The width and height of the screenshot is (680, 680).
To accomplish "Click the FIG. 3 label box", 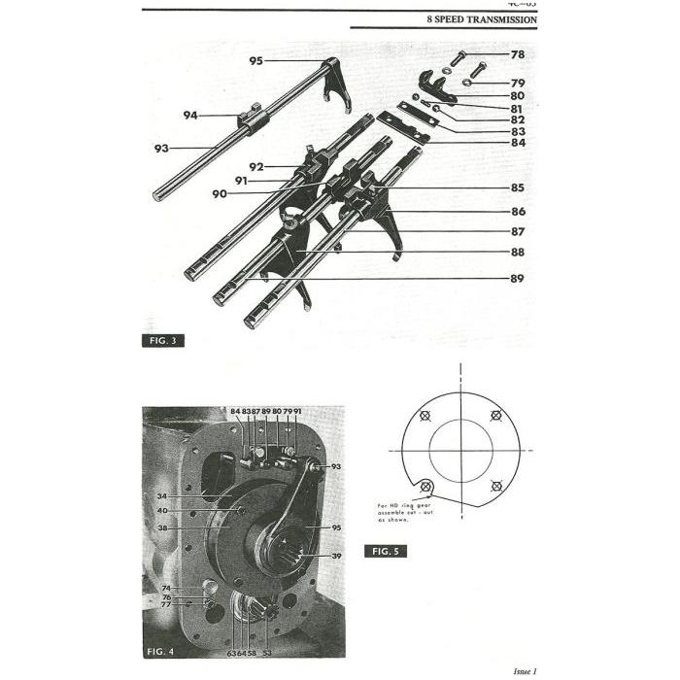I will pos(163,340).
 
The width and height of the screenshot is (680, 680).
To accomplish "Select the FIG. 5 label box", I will pos(386,551).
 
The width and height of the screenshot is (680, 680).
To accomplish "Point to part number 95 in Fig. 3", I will pos(255,61).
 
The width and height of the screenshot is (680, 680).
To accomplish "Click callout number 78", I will pos(517,54).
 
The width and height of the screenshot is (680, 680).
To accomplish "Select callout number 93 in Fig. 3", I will pos(161,149).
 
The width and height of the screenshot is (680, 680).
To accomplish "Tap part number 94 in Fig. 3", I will pos(190,116).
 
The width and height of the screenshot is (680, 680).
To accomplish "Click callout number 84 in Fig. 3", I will pos(517,144).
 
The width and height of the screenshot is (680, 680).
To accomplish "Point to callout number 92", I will pos(256,166).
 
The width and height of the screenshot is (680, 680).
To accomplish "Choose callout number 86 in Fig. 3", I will pos(517,211).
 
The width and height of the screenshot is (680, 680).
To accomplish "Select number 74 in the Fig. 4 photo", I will pos(166,589).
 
